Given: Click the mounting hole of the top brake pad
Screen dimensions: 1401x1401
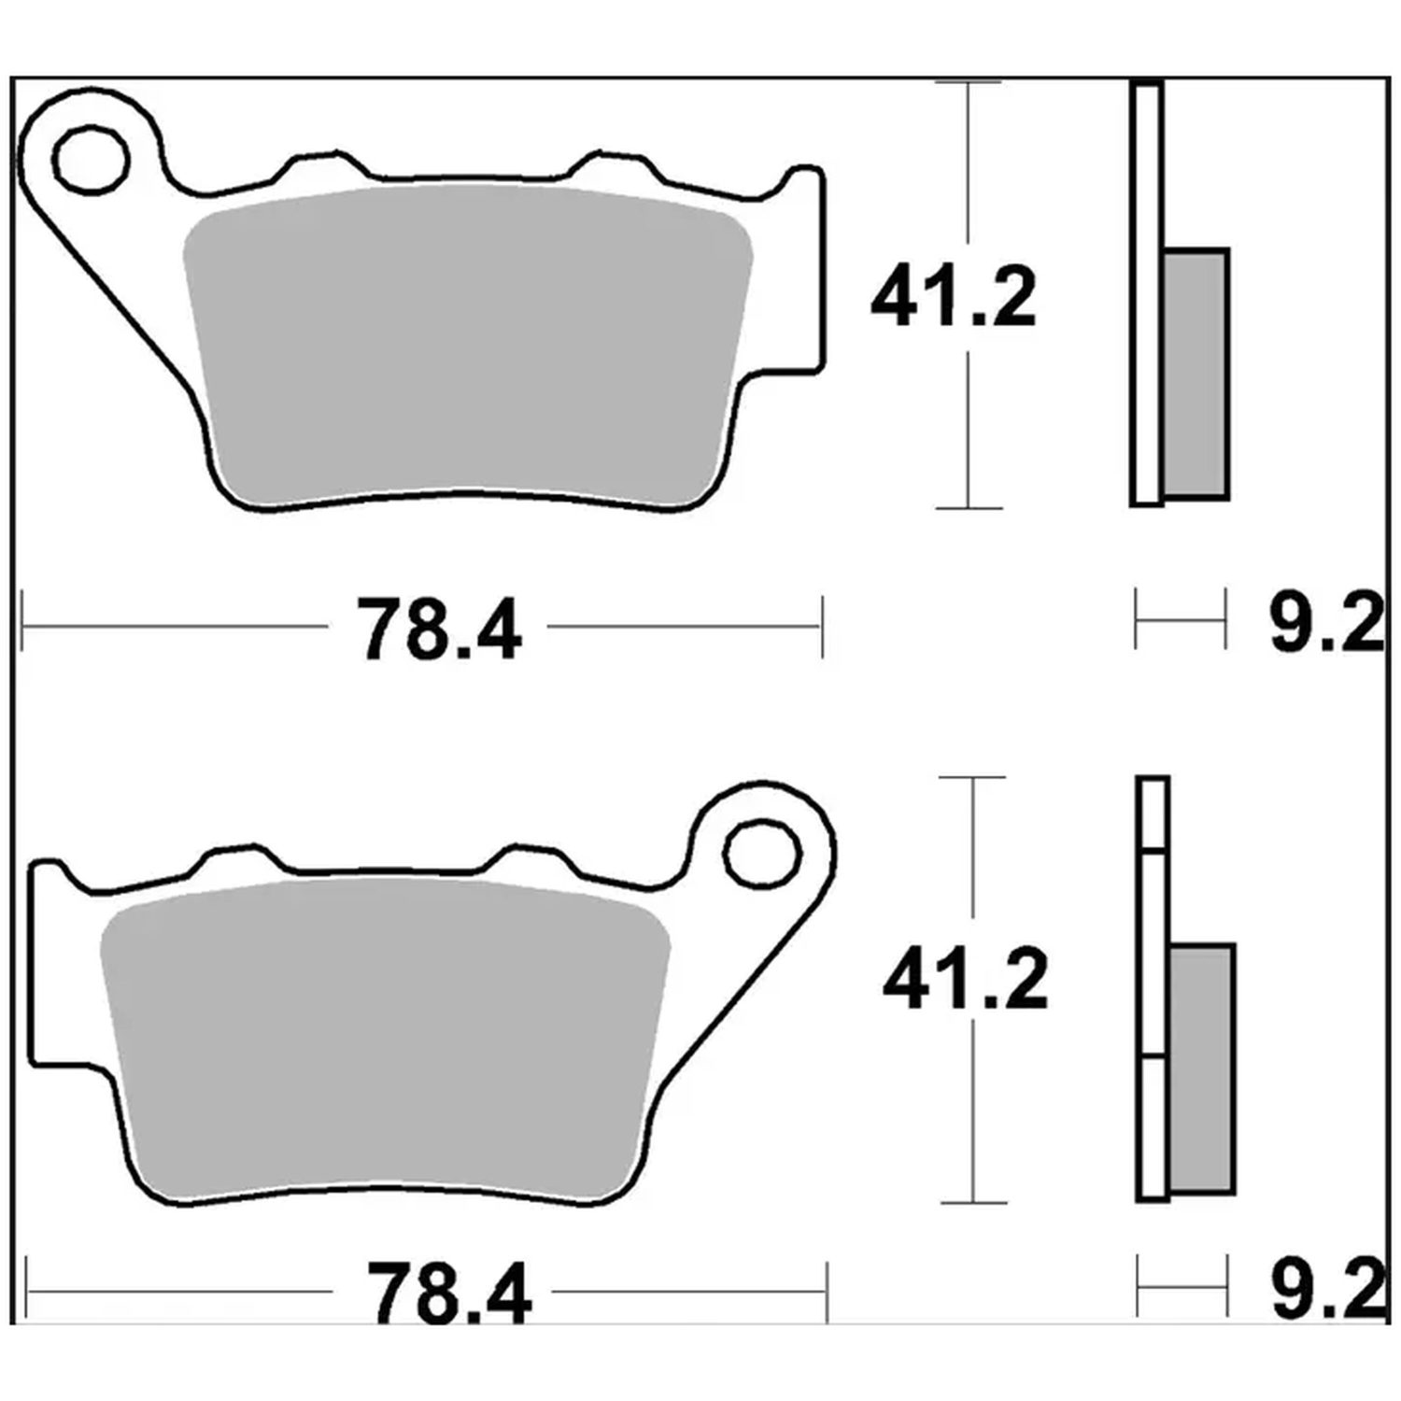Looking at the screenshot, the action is (x=92, y=162).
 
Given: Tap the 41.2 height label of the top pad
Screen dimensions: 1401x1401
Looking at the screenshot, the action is (x=954, y=298).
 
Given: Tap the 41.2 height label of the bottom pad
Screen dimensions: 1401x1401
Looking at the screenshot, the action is (x=965, y=980).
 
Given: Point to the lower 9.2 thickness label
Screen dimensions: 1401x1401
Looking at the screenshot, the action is (x=1328, y=1291).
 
